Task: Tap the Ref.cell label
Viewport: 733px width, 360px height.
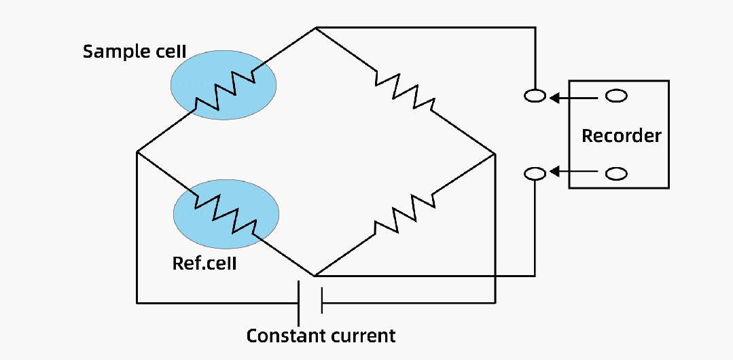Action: (204, 263)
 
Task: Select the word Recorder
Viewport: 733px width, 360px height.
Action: (621, 136)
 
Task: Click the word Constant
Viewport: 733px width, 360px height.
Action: (281, 336)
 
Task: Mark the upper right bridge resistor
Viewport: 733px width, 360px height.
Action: (404, 90)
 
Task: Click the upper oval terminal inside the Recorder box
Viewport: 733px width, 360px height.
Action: (615, 96)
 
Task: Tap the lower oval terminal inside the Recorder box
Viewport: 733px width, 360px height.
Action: (615, 174)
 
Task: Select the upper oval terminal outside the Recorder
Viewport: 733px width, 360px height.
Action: (535, 96)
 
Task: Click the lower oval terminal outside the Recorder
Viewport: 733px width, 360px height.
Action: (535, 174)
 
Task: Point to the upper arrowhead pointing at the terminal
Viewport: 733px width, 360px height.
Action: (554, 98)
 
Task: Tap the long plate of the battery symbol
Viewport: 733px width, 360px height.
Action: (298, 302)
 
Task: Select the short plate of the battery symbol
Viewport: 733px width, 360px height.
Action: (321, 302)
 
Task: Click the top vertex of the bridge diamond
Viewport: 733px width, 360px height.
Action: (316, 28)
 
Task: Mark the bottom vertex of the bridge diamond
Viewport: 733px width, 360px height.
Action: (315, 276)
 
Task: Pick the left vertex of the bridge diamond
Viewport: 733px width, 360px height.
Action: (137, 151)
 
